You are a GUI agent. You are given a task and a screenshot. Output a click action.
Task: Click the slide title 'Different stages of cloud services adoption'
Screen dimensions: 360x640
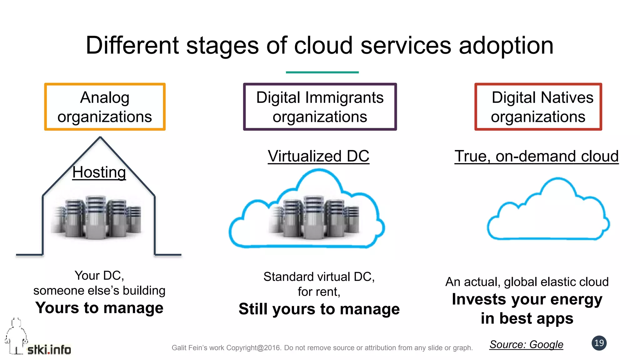pyautogui.click(x=319, y=46)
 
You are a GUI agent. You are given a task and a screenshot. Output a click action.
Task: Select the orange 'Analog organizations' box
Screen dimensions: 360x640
pyautogui.click(x=105, y=107)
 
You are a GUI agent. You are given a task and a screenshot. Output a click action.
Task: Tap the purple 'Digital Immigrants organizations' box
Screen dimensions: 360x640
pyautogui.click(x=320, y=107)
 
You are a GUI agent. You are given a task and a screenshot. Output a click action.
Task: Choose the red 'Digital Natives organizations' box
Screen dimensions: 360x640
pyautogui.click(x=538, y=107)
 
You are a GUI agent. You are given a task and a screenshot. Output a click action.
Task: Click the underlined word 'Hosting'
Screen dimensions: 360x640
pyautogui.click(x=99, y=172)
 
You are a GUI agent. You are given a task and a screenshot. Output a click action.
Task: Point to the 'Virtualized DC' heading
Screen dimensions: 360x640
pyautogui.click(x=318, y=156)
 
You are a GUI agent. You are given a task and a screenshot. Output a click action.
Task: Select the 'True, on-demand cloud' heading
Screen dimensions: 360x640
pyautogui.click(x=536, y=156)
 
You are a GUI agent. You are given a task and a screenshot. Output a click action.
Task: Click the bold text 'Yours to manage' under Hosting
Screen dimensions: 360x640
pyautogui.click(x=99, y=308)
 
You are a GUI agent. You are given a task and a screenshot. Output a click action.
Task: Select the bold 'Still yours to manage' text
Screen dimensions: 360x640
pyautogui.click(x=319, y=309)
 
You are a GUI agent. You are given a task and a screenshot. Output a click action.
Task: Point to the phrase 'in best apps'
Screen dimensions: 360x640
pyautogui.click(x=527, y=318)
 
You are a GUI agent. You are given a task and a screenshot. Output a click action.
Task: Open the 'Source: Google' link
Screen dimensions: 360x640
pyautogui.click(x=526, y=344)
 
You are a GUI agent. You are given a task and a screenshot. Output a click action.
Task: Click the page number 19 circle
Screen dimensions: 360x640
pyautogui.click(x=599, y=343)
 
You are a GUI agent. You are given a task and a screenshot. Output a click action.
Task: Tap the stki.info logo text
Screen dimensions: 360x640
pyautogui.click(x=49, y=350)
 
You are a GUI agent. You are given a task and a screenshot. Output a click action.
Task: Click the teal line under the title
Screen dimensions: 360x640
pyautogui.click(x=322, y=72)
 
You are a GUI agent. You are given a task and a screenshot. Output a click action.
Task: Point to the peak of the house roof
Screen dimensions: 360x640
pyautogui.click(x=100, y=137)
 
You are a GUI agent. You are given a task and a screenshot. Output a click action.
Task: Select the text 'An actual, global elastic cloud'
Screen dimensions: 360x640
pyautogui.click(x=527, y=282)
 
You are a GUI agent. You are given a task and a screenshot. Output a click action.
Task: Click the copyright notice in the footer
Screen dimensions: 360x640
pyautogui.click(x=322, y=348)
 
